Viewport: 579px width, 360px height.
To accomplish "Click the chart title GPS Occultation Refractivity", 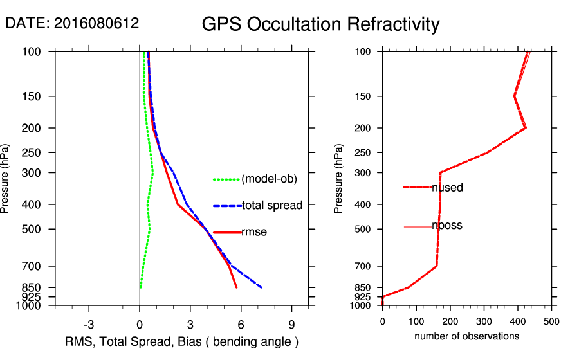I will [320, 24].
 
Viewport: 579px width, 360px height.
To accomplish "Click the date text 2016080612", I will [72, 23].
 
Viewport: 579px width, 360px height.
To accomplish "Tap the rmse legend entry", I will [253, 232].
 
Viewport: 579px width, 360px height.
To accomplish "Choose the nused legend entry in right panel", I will [447, 187].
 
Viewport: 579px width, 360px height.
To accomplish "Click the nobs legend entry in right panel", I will [446, 226].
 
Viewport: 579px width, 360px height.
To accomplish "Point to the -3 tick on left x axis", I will [89, 324].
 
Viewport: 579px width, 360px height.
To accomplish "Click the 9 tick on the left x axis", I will [291, 324].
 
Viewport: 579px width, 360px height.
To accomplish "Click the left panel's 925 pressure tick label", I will [32, 297].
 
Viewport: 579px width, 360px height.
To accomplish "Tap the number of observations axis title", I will [466, 336].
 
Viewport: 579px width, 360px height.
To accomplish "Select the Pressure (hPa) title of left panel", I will [6, 179].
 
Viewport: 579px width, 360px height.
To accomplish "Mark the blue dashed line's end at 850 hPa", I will [261, 287].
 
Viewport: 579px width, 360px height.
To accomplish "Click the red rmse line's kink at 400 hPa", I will [178, 204].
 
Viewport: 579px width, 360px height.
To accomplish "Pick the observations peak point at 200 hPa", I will [526, 128].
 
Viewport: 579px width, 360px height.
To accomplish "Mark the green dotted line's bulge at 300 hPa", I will [152, 173].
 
